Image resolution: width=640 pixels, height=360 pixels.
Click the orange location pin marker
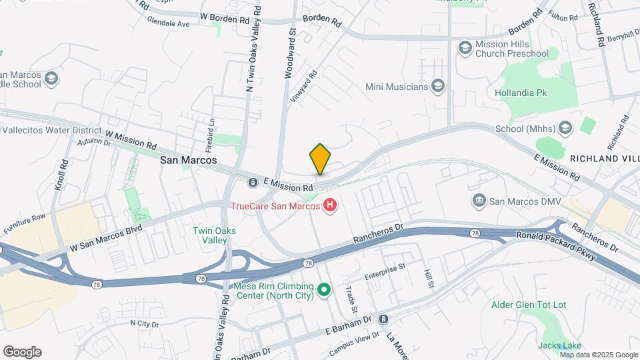click(320, 159)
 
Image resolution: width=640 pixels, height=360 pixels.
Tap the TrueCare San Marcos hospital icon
click(329, 206)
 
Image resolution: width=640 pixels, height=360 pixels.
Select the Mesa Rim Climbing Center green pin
click(324, 289)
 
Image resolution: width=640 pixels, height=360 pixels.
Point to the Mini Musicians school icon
click(438, 86)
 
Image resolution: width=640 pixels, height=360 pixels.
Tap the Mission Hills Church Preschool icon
click(465, 48)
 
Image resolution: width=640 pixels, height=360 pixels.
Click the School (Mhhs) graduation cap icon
click(565, 128)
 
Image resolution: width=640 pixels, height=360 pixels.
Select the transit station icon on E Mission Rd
click(253, 182)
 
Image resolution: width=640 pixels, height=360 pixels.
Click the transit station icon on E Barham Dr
click(383, 319)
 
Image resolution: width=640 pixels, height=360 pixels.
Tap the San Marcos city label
click(189, 161)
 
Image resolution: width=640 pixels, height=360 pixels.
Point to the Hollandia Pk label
click(521, 93)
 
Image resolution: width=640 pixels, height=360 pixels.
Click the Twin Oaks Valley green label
click(214, 235)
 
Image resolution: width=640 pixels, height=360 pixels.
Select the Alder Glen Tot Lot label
click(529, 305)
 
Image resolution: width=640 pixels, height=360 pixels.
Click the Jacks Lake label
click(560, 345)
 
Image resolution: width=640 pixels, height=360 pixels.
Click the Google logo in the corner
click(22, 352)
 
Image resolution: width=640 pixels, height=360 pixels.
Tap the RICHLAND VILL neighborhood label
click(604, 159)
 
